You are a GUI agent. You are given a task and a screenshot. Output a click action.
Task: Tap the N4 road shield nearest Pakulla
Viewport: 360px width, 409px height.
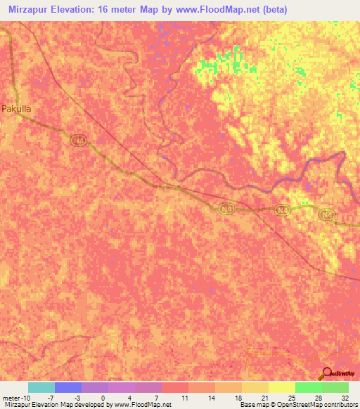click(77, 141)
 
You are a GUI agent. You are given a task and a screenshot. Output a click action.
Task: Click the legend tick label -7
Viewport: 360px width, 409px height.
click(60, 397)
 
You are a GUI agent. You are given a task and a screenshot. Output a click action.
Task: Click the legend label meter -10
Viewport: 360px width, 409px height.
click(16, 397)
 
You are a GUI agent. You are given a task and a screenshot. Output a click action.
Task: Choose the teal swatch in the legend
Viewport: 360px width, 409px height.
click(41, 387)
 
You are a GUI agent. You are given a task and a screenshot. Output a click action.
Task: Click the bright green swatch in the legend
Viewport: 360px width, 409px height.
click(309, 387)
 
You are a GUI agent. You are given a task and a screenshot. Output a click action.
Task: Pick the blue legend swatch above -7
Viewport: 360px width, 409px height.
click(68, 387)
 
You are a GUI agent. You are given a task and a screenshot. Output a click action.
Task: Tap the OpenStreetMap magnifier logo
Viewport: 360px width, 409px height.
click(327, 373)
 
